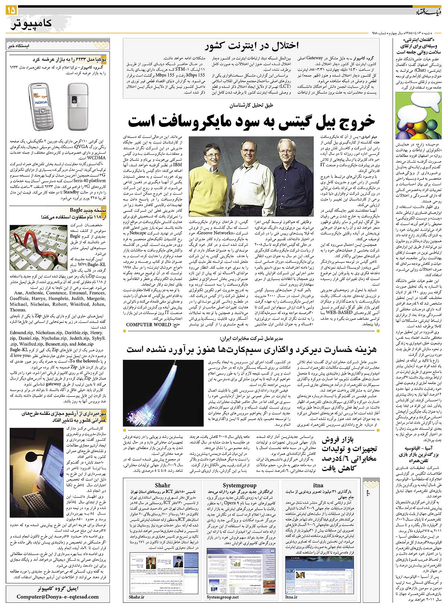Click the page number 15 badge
point(11,11)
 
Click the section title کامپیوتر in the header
point(32,24)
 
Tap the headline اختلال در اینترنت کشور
point(251,46)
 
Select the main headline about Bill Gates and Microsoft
point(251,121)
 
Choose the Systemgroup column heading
point(240,485)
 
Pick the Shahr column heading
point(162,485)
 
